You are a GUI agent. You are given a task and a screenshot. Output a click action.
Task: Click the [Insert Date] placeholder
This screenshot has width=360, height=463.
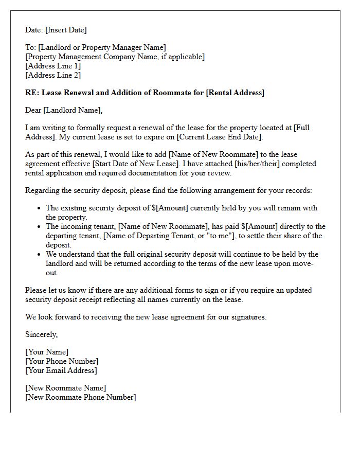click(x=66, y=30)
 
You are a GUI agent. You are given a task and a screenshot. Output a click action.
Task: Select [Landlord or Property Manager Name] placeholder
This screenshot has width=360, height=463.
click(x=102, y=48)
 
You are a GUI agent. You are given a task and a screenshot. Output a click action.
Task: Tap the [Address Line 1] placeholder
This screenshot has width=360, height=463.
click(x=53, y=66)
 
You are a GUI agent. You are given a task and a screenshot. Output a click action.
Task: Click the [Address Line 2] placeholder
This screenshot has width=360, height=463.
click(x=53, y=76)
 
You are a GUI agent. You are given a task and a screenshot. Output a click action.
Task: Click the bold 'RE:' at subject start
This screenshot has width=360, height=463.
click(x=32, y=93)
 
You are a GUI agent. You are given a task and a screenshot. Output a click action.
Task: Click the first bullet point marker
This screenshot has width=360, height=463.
click(x=40, y=208)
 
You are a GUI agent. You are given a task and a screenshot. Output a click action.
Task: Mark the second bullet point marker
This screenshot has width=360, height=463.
click(x=40, y=227)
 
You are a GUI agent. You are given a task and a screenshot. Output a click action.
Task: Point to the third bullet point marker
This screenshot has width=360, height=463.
click(x=40, y=255)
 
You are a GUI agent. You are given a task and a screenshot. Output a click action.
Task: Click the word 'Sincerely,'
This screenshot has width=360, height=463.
click(x=42, y=335)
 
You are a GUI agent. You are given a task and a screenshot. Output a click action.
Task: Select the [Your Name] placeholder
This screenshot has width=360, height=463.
click(x=47, y=352)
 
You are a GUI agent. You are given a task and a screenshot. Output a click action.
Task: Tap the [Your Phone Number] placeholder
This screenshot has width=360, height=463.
click(x=62, y=362)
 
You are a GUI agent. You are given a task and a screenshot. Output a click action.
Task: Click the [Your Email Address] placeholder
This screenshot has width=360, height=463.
click(x=61, y=371)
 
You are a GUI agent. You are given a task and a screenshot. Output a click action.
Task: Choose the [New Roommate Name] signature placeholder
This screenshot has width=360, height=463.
click(x=66, y=388)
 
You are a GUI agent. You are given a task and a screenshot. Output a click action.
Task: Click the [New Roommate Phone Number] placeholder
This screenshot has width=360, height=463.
click(x=81, y=398)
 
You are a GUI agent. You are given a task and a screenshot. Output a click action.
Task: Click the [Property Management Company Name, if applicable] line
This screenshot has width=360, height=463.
click(x=115, y=57)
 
